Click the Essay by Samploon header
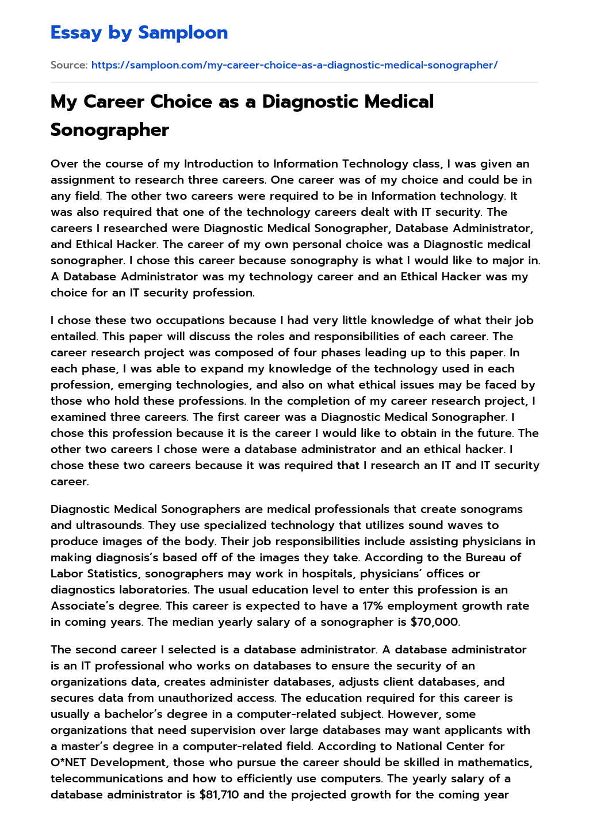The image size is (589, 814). point(139,33)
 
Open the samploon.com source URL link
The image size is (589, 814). point(294,65)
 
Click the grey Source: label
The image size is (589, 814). point(69,65)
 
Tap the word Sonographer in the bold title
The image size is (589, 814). point(109,130)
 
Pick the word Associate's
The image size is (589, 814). point(79,606)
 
